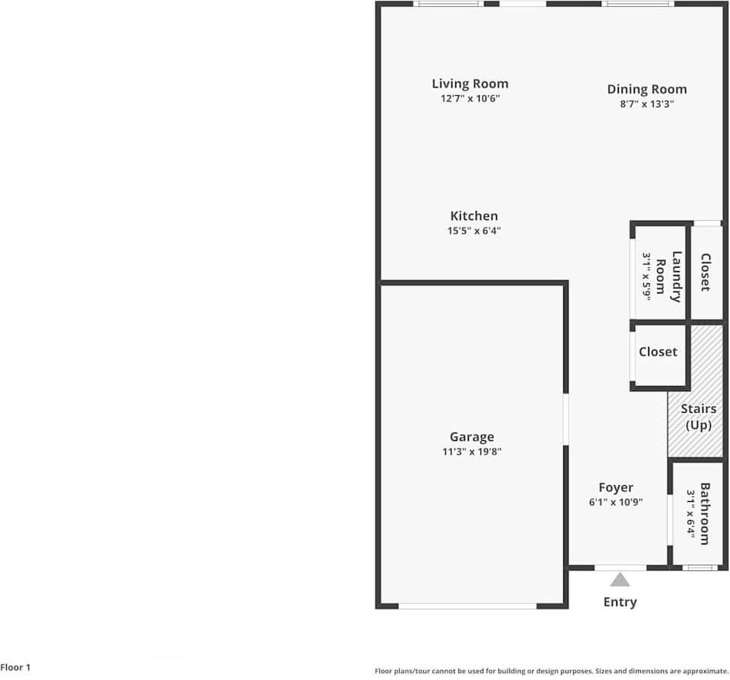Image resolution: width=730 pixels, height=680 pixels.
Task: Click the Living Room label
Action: coord(470,84)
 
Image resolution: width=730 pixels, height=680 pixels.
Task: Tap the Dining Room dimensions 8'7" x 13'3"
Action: coord(646,104)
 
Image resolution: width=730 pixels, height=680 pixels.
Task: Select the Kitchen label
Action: coord(473,216)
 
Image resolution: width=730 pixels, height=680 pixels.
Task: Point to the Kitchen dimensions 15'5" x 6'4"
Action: coord(473,231)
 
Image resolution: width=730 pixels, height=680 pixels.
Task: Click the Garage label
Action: coord(471,436)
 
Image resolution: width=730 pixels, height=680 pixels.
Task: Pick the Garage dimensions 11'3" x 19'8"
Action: coord(471,452)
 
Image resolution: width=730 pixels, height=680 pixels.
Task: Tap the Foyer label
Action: coord(615,487)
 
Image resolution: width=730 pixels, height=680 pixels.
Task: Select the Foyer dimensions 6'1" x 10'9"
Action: coord(615,502)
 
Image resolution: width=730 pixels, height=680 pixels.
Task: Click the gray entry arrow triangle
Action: coord(620,580)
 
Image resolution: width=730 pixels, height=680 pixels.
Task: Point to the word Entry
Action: coord(620,602)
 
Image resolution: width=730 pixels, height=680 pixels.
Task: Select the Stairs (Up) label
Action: coord(698,417)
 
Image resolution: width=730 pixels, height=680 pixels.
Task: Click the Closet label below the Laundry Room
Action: coord(658,352)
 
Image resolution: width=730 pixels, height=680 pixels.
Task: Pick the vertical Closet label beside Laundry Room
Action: coord(705,273)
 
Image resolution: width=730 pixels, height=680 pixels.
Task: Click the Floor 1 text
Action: coord(15,668)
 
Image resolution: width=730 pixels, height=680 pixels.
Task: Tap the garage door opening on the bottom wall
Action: coord(467,606)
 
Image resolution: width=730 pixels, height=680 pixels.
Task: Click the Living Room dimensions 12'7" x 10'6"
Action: coord(470,98)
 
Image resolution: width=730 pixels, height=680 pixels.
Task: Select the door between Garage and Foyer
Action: coord(566,418)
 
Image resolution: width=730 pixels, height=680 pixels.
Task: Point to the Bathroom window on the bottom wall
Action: coord(699,567)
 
